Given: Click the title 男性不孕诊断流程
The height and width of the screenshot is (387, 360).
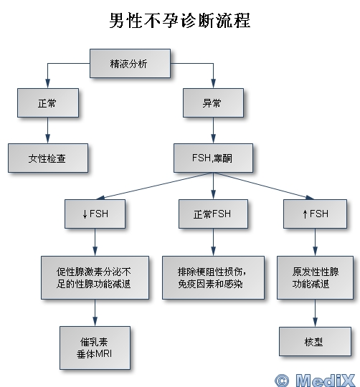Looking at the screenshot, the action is (x=180, y=21).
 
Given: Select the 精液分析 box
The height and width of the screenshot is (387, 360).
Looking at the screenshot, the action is (x=130, y=64).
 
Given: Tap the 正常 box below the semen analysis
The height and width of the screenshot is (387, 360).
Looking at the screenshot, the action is (x=48, y=102).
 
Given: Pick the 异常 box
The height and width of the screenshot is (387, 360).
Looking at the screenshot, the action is (x=213, y=102).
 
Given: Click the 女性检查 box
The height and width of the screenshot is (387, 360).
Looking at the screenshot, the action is (x=48, y=158).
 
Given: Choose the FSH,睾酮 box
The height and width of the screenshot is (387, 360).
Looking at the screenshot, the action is (x=213, y=158).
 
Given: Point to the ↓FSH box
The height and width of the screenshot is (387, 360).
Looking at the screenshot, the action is (x=95, y=214).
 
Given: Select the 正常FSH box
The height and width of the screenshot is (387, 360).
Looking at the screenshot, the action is (x=213, y=214).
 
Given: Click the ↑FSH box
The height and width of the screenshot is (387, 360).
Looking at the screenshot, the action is (x=315, y=214).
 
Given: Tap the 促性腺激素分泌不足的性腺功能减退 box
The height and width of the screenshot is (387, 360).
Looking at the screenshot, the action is (x=95, y=277).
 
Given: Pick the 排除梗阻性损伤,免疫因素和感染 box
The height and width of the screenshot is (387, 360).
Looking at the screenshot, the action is (x=213, y=277).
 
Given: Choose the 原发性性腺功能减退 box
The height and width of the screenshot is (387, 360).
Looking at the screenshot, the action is (x=315, y=277).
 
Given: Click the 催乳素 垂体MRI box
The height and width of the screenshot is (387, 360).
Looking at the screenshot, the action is (x=95, y=348).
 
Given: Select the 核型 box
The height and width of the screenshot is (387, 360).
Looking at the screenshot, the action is (x=315, y=341).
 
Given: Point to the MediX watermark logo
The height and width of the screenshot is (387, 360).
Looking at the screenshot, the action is (x=315, y=380).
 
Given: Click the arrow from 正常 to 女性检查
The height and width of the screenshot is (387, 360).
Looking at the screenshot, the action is (x=48, y=130).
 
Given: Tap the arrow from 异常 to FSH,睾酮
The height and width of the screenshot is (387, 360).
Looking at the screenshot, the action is (x=213, y=130).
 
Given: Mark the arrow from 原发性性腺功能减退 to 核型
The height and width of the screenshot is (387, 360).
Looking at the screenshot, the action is (x=315, y=313).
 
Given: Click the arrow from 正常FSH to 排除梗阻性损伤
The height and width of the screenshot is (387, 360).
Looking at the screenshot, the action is (x=213, y=242).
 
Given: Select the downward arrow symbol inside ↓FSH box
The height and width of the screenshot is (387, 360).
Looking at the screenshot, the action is (x=85, y=214).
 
